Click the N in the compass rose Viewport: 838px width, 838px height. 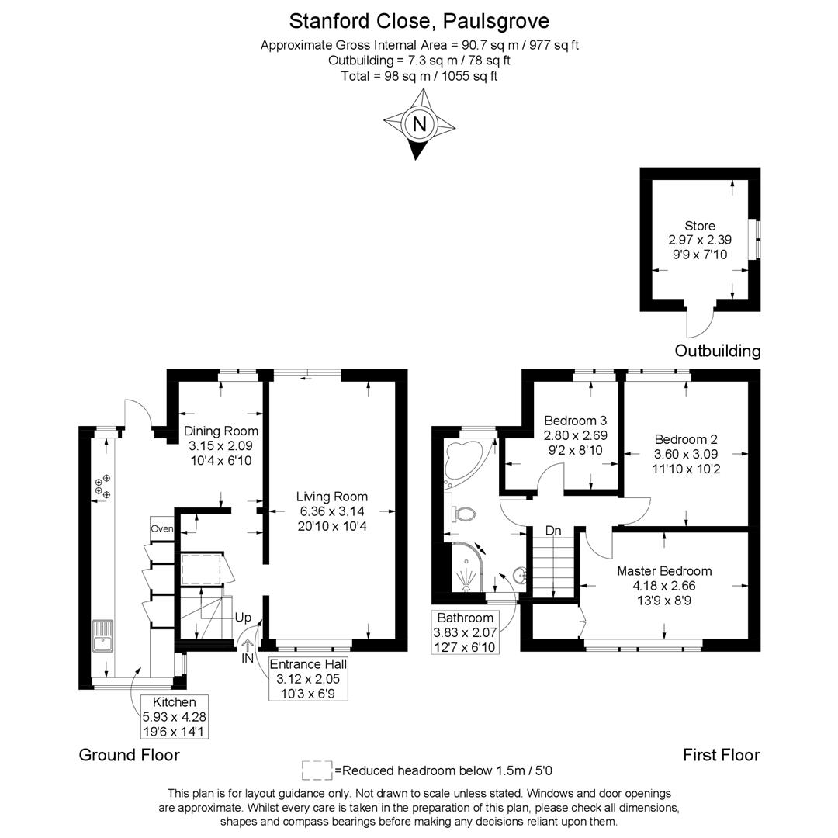click(420, 124)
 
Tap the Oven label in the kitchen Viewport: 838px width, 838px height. click(162, 528)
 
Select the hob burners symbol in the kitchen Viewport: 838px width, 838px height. click(102, 487)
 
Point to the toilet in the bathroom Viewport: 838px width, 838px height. click(464, 514)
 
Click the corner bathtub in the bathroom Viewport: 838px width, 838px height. click(466, 462)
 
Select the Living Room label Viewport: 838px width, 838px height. click(332, 497)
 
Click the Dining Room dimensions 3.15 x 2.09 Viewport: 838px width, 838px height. click(221, 446)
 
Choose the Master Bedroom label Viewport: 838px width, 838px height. click(664, 571)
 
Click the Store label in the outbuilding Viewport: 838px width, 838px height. click(699, 226)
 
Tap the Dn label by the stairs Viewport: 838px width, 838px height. click(553, 531)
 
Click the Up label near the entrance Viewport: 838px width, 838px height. click(243, 618)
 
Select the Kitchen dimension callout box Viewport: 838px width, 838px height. click(175, 716)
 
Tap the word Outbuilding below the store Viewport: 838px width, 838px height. click(717, 351)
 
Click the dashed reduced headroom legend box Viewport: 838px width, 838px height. click(317, 770)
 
